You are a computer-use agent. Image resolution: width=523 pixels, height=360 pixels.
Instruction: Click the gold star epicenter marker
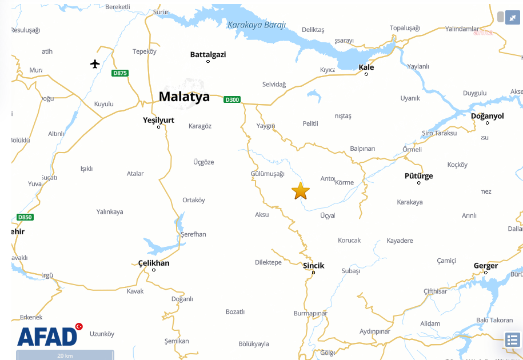coord(301,191)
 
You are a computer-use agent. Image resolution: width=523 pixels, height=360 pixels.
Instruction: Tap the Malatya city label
coord(184,97)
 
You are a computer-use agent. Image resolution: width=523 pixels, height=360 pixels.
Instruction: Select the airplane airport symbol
coord(95,63)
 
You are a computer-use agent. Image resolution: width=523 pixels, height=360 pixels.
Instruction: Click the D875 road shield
coord(120,73)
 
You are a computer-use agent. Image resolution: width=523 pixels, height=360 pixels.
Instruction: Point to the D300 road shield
coord(231,99)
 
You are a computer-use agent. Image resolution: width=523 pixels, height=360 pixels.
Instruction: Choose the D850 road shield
coord(25,217)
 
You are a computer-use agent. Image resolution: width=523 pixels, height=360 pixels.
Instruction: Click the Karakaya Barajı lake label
coord(257,25)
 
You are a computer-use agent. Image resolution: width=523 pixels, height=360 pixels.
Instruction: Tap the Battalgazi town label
coord(208,55)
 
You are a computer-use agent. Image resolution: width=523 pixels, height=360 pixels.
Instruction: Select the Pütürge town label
coord(418,176)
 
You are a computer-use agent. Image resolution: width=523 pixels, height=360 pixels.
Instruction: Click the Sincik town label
coord(313,266)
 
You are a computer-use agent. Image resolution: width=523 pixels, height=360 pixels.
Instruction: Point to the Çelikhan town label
coord(154,263)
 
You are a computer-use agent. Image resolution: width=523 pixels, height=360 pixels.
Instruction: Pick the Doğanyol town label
coord(487,116)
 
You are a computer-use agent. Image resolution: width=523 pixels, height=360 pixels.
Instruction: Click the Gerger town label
coord(485,266)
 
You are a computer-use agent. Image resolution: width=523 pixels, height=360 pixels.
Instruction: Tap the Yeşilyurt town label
coord(158,121)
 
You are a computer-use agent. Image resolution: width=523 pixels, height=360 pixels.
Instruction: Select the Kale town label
coord(366,67)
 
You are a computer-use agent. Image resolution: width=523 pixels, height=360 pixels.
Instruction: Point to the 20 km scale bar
coord(65,355)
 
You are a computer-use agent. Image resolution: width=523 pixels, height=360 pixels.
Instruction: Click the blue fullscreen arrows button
coord(512,18)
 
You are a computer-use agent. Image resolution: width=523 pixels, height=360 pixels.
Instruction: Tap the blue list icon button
coord(512,340)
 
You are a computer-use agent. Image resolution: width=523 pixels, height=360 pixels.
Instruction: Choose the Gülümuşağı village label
coord(268,174)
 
